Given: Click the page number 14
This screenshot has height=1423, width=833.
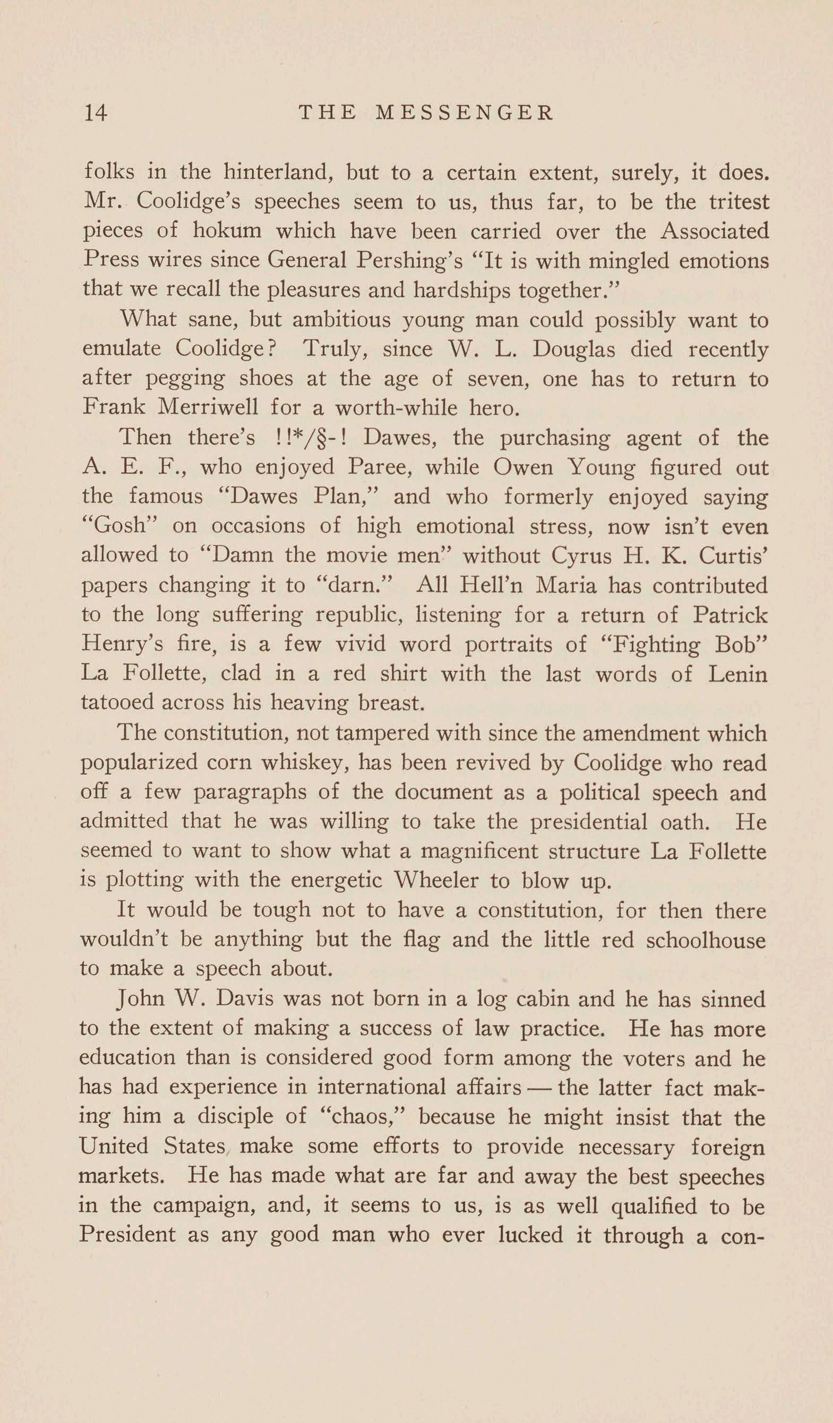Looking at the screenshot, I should tap(95, 113).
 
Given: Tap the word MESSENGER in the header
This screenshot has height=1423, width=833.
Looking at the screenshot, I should tap(465, 113).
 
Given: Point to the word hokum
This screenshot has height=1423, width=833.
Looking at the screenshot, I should tap(227, 231).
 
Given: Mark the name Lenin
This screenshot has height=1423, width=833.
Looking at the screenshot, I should tap(737, 674).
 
